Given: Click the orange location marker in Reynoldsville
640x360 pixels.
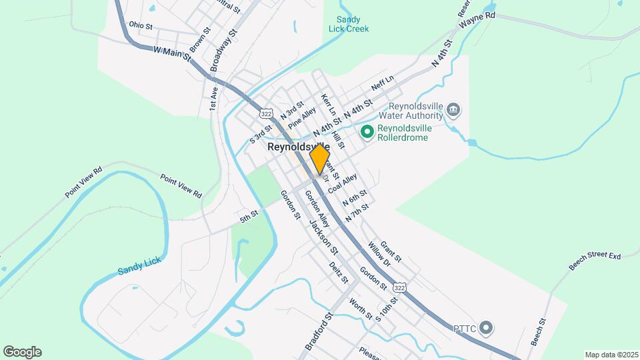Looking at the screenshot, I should [320, 159].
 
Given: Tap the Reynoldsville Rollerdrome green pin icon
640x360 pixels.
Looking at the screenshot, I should [367, 132].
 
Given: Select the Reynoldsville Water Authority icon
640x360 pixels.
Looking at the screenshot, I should [453, 109].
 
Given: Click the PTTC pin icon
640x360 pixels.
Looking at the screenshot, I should [486, 327].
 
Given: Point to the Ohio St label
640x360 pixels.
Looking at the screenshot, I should [141, 25].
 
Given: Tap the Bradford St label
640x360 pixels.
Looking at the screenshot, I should [318, 331].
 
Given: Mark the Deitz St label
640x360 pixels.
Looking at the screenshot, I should [339, 272].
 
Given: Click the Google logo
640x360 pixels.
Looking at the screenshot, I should [22, 351].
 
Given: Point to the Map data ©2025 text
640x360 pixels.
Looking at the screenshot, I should [611, 355].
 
